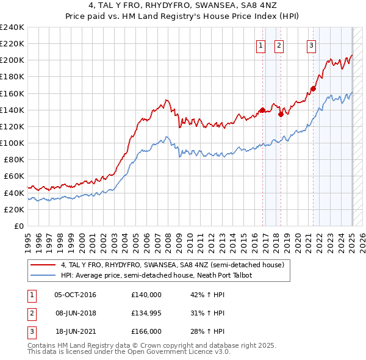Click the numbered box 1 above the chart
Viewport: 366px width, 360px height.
[x=261, y=45]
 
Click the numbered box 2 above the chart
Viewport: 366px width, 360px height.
[x=279, y=45]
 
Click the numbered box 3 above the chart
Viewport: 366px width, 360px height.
[x=311, y=45]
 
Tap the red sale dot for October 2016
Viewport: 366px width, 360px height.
[x=262, y=110]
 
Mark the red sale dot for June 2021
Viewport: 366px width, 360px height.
[x=313, y=88]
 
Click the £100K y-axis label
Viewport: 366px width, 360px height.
[x=12, y=143]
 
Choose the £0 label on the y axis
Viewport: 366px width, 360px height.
[x=19, y=226]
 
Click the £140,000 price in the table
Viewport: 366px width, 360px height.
[x=146, y=295]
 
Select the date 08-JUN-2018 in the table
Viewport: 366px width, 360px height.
[x=75, y=313]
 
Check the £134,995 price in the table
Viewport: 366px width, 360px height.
[x=146, y=313]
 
